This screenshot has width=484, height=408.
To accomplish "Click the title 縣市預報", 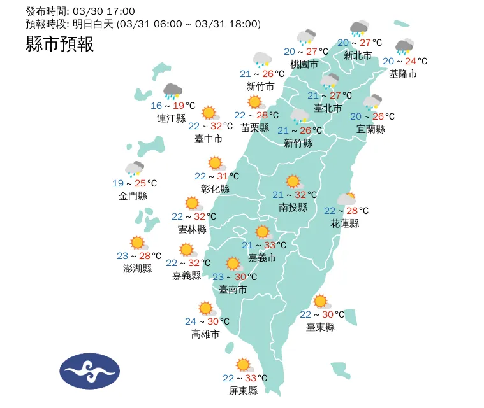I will point(60,44).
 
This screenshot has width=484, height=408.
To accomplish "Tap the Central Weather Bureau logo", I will point(89,370).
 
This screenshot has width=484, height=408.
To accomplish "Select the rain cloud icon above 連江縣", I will point(172,92).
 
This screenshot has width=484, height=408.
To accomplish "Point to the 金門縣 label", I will point(133,196).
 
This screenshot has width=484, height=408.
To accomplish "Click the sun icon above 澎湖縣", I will point(138,243).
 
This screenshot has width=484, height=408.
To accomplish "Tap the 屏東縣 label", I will point(244,391).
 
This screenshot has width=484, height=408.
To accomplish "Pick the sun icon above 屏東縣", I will point(244,365).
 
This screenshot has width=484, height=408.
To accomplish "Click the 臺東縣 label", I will point(320,327).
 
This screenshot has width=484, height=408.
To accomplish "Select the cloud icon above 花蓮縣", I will point(346,199).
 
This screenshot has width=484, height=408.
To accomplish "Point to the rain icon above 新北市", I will point(360,29).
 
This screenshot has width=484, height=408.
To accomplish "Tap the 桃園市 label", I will point(304,64).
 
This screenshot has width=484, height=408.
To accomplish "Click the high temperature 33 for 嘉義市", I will point(270,245).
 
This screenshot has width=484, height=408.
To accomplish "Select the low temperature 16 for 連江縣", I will point(156,106).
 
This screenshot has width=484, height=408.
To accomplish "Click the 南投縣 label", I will point(293,208).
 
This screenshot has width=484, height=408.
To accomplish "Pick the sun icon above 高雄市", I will point(206,309).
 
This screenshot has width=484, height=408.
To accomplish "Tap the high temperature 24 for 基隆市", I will point(411,61).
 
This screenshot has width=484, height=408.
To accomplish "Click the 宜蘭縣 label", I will point(371,129).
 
